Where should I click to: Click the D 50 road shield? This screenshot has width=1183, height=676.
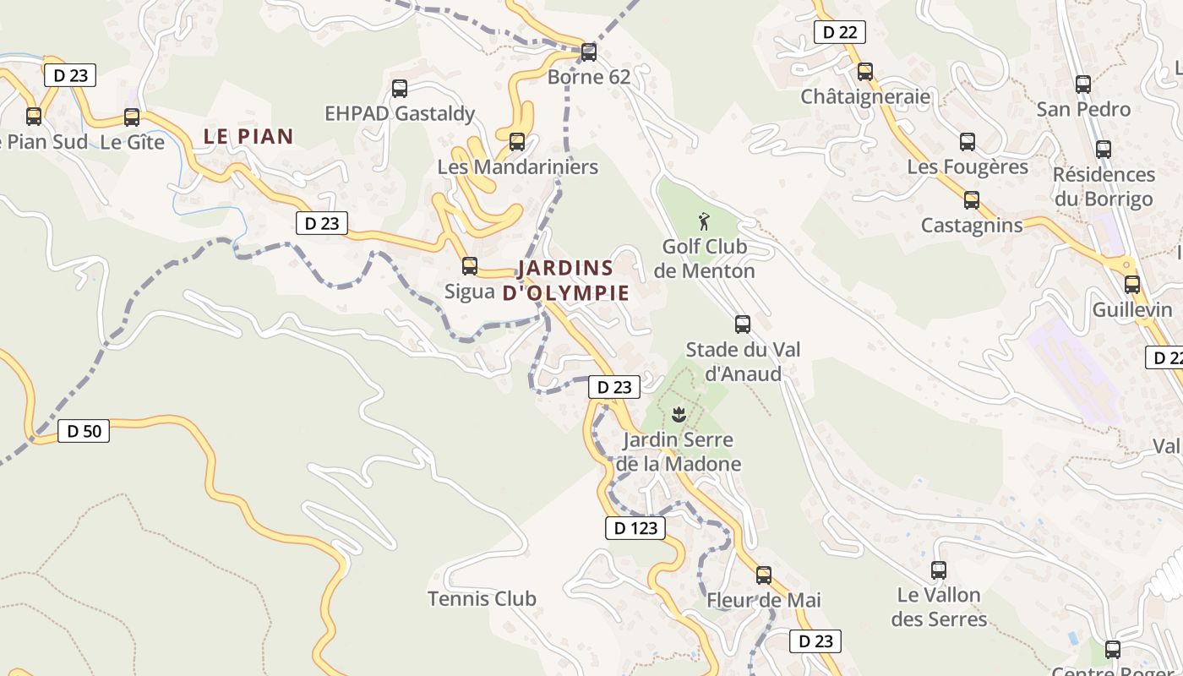tap(84, 431)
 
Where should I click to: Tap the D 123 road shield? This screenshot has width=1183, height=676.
tap(635, 529)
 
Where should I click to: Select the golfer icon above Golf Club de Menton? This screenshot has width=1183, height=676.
tap(704, 222)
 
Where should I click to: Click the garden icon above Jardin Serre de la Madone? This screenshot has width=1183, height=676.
tap(678, 414)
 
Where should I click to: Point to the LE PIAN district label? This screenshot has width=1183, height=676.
tap(248, 136)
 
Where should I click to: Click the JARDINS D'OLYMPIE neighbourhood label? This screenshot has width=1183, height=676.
tap(565, 281)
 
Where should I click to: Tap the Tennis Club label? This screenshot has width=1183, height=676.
tap(482, 599)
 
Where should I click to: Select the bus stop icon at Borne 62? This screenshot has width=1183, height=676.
tap(589, 52)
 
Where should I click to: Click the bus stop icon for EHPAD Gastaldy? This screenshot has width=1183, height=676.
tap(400, 89)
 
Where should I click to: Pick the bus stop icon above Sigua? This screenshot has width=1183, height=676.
tap(470, 266)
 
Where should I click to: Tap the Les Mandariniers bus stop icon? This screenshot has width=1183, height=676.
tap(517, 142)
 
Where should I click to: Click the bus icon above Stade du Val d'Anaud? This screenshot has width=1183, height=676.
tap(743, 324)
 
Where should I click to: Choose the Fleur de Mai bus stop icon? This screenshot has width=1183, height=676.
tap(764, 575)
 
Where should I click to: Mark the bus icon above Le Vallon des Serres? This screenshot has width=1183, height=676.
tap(939, 570)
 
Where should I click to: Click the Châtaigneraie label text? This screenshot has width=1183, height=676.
tap(865, 96)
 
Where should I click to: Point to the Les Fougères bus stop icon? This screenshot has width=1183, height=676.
tap(968, 142)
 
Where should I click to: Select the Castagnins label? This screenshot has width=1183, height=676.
tap(972, 226)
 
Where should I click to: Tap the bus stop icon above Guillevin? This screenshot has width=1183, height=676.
tap(1132, 285)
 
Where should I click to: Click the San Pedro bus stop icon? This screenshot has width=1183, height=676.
tap(1083, 84)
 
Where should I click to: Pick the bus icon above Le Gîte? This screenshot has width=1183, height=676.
tap(132, 117)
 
